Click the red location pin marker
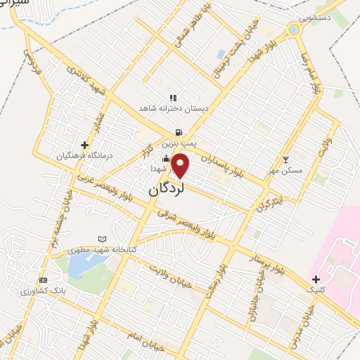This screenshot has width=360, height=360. point(181,165)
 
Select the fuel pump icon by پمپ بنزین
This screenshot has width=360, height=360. point(179,131)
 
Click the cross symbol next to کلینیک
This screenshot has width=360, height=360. point(316,279)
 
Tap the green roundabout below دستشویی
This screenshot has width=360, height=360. point(293,30)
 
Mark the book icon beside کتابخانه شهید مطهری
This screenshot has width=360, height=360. point(104,239)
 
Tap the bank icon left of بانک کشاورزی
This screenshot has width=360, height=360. point(44,279)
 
